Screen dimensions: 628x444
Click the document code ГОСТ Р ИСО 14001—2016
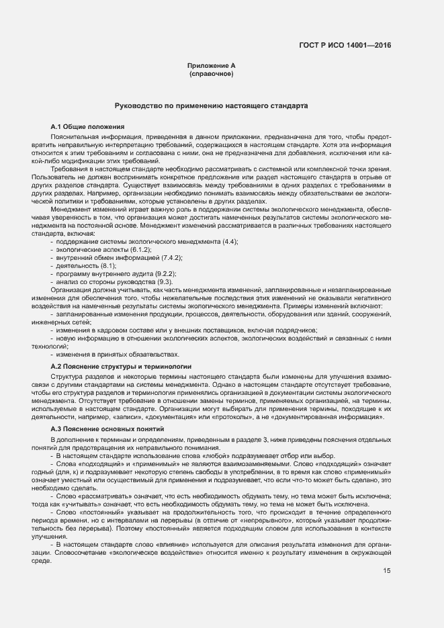tap(345, 46)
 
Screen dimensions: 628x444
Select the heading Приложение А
tap(212, 65)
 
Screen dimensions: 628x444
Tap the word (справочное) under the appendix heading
tap(212, 73)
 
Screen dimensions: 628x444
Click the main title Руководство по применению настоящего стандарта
tap(212, 106)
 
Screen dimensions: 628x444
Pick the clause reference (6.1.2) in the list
tap(140, 249)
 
